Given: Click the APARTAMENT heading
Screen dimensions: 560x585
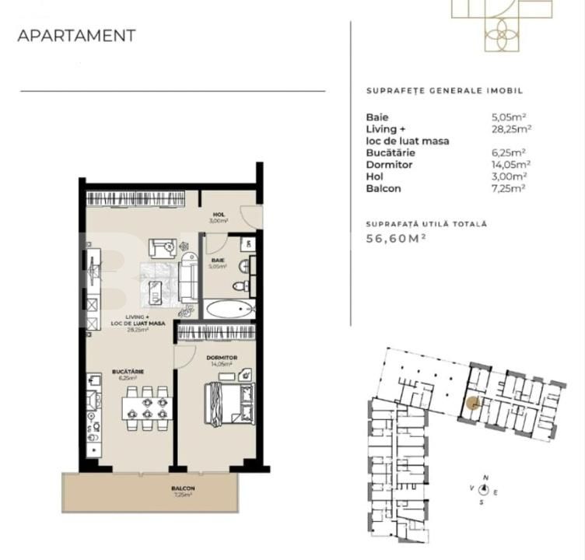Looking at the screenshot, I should (76, 36).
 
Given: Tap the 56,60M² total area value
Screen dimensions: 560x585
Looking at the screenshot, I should (397, 240).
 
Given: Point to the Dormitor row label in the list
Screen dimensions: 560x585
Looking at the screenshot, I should (390, 165).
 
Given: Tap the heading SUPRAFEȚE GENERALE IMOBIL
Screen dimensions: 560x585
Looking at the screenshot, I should (444, 91).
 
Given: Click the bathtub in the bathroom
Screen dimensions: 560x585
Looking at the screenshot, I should (229, 309).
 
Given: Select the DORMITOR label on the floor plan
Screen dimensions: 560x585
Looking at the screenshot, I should (222, 358).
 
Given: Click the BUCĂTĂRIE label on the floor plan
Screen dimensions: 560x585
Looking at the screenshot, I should (128, 372).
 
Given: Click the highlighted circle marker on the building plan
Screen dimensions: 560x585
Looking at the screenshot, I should (471, 403).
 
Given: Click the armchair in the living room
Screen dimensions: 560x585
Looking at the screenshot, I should (163, 248).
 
